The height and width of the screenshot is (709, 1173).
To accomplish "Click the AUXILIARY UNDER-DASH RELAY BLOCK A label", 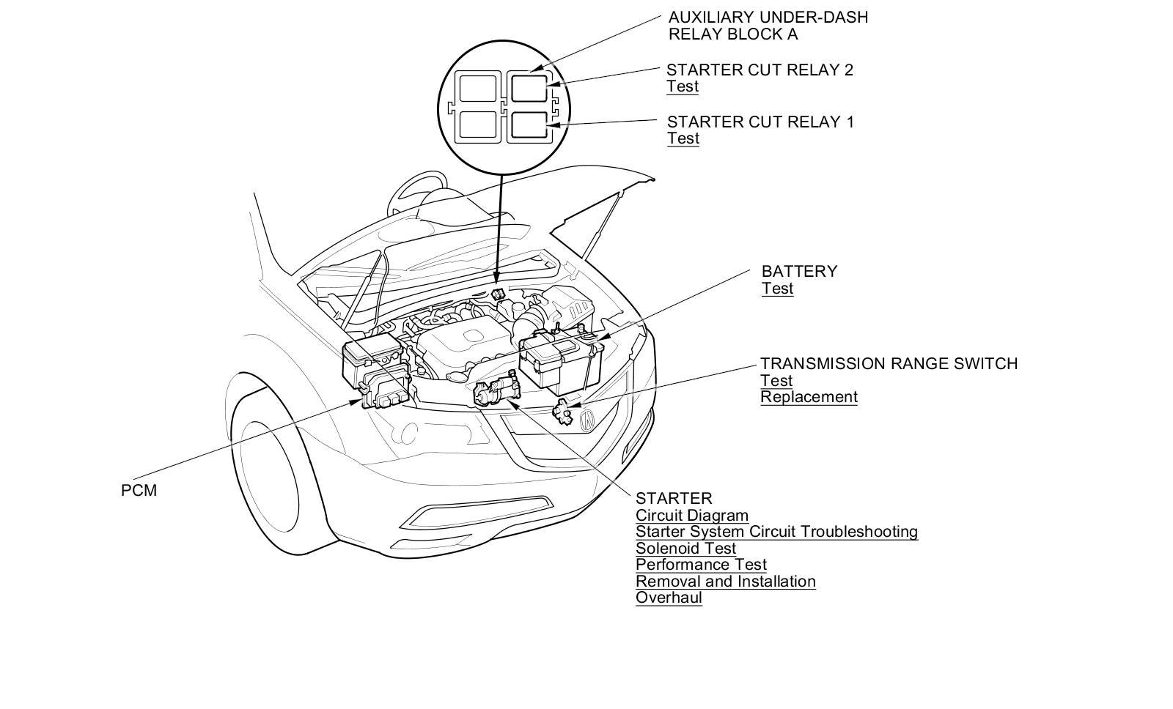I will [x=768, y=26].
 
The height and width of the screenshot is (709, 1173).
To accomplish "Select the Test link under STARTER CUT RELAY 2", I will [x=683, y=86].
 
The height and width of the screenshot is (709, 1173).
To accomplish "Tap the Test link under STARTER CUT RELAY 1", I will [x=683, y=138].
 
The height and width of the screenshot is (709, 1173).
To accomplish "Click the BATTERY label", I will [x=799, y=271].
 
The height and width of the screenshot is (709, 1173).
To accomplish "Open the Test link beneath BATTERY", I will [x=777, y=289].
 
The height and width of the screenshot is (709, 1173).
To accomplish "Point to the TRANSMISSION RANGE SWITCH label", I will [x=889, y=363].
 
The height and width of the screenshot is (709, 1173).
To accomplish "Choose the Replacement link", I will [x=809, y=397].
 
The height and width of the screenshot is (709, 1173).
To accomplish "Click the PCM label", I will [x=139, y=490].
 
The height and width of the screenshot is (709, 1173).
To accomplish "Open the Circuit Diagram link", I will [x=692, y=516].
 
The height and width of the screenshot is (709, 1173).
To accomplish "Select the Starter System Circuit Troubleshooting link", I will [x=776, y=532].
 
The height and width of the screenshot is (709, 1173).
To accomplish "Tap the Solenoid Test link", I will [x=685, y=549].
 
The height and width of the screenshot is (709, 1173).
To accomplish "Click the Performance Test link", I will [x=701, y=565].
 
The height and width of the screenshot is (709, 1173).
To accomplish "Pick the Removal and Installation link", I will [x=725, y=582].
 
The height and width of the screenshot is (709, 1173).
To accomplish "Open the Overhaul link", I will [x=669, y=598].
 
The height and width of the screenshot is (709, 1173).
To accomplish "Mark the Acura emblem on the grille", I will [x=588, y=420].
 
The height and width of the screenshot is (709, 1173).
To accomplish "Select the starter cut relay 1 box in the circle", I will [x=529, y=125].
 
